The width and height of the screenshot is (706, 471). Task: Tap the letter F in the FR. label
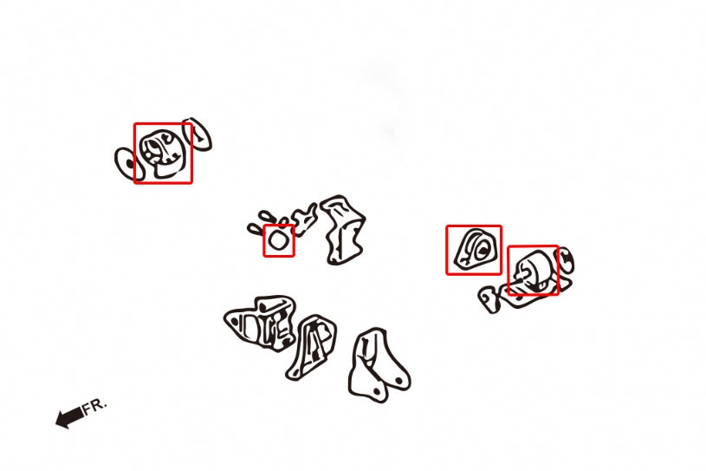click(x=87, y=408)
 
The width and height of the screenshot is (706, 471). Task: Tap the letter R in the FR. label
click(x=98, y=404)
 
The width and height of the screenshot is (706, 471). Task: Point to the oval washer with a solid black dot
click(x=128, y=164)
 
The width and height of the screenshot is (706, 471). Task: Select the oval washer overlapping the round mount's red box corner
click(x=198, y=134)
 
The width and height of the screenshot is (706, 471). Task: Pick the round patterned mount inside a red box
click(x=161, y=154)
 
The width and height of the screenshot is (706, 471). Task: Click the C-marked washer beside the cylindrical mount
click(x=565, y=260)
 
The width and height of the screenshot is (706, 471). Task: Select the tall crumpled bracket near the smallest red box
click(x=345, y=230)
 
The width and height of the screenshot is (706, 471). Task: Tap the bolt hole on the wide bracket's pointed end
click(x=234, y=320)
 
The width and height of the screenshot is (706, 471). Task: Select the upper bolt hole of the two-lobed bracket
click(x=399, y=382)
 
